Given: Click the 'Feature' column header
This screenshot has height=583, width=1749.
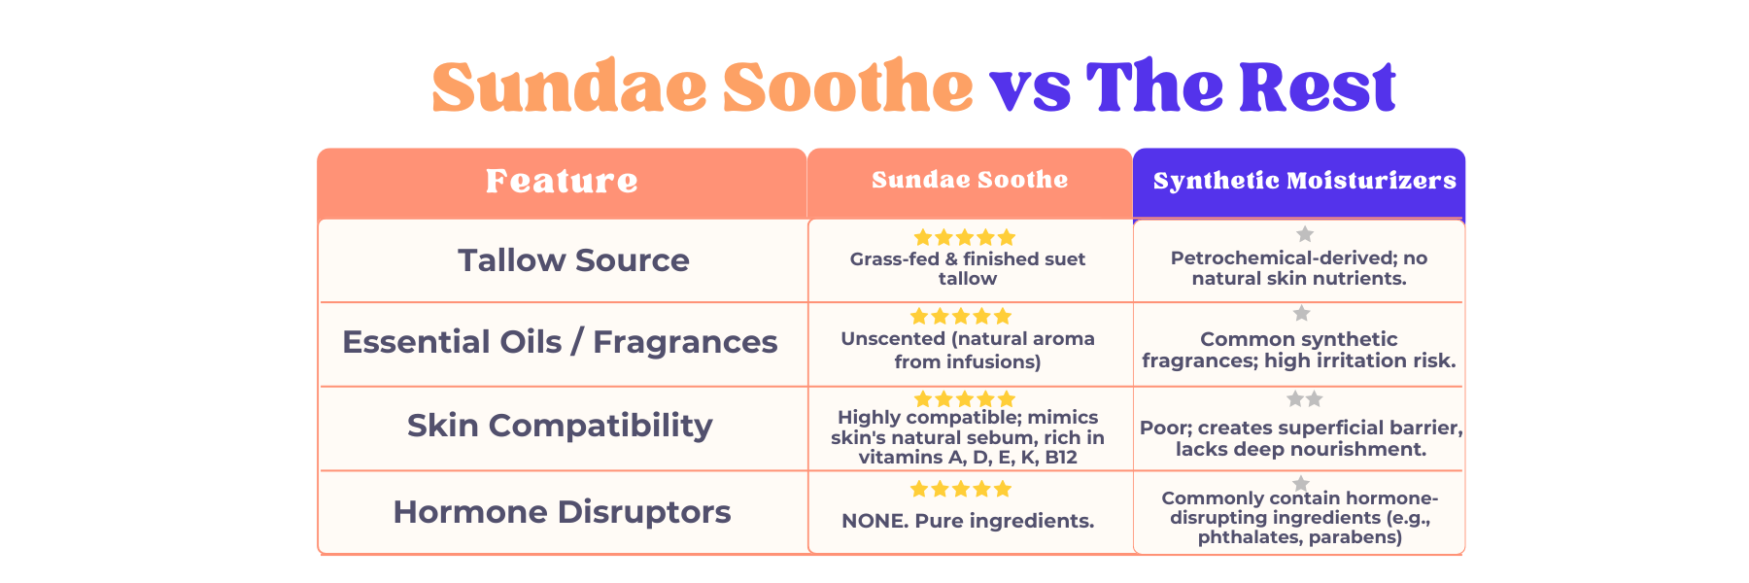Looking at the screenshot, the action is tap(562, 181).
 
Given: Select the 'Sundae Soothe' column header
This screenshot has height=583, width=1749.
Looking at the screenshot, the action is tap(970, 180).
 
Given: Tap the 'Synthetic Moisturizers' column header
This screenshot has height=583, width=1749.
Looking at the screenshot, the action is tap(1304, 181).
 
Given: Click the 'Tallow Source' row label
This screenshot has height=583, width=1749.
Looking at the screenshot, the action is tap(573, 260).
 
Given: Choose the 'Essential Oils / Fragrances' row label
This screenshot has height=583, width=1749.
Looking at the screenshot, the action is tap(560, 342).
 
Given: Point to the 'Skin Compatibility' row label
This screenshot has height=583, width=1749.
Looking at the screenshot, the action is tap(560, 426).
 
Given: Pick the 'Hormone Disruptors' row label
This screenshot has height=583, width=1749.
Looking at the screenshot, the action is tap(562, 512).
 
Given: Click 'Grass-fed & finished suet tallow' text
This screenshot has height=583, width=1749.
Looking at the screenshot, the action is tap(968, 269).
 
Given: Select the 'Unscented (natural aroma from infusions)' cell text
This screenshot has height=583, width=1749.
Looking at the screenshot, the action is tap(968, 351).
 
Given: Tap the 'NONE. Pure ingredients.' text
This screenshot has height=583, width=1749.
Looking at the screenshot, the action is tap(968, 521).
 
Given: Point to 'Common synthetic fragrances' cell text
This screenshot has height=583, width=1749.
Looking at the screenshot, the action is tap(1299, 350).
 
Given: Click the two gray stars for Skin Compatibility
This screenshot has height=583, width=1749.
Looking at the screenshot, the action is tap(1305, 398).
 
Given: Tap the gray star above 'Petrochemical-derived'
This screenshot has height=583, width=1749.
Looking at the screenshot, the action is tap(1305, 234).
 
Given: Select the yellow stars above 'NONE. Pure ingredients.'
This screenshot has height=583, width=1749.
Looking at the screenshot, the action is tap(961, 489).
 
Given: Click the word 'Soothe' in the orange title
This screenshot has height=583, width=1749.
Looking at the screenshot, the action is tap(847, 86).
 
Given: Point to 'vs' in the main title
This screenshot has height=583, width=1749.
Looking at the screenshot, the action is tap(1030, 90).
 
